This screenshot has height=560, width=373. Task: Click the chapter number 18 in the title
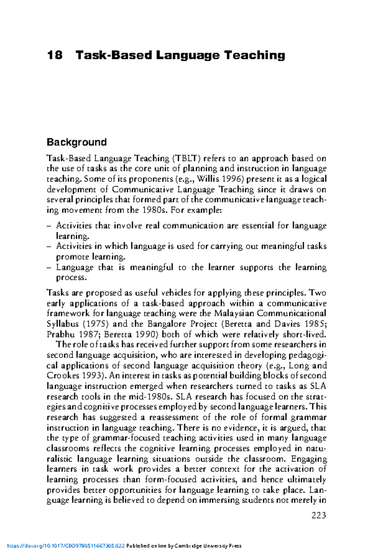(55, 55)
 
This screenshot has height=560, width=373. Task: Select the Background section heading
(76, 142)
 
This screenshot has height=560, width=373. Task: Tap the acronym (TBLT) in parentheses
(186, 158)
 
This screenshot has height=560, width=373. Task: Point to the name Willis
(208, 179)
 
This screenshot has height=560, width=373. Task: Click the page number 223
(319, 516)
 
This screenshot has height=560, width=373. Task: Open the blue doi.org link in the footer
(66, 546)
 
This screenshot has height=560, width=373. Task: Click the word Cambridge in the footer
(188, 546)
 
